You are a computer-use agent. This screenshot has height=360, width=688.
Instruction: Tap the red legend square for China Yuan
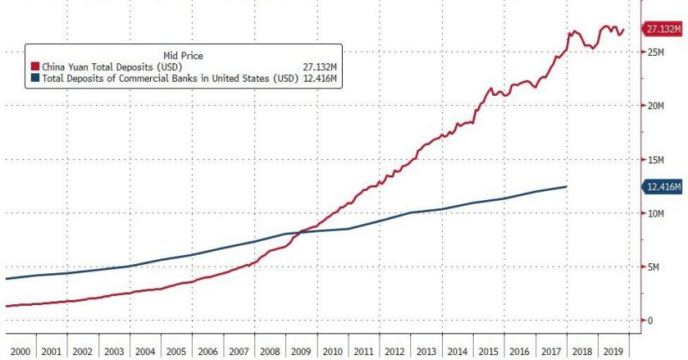[x=35, y=67]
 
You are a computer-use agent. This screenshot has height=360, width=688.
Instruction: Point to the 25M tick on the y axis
[x=655, y=52]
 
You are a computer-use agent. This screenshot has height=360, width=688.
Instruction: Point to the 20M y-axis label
[x=655, y=106]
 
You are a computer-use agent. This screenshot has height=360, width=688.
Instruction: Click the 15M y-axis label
[x=655, y=160]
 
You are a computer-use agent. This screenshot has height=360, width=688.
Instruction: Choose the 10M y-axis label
[x=655, y=213]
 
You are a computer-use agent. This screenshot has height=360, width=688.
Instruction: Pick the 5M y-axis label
[x=653, y=267]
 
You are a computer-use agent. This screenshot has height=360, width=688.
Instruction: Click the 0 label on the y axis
[x=650, y=321]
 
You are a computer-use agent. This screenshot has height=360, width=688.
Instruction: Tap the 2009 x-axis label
[x=300, y=349]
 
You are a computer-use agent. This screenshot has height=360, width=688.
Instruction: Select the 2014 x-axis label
[x=457, y=349]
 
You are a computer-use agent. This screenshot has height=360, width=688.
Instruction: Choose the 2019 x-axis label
[x=614, y=349]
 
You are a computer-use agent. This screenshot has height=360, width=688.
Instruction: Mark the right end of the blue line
[x=567, y=187]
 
